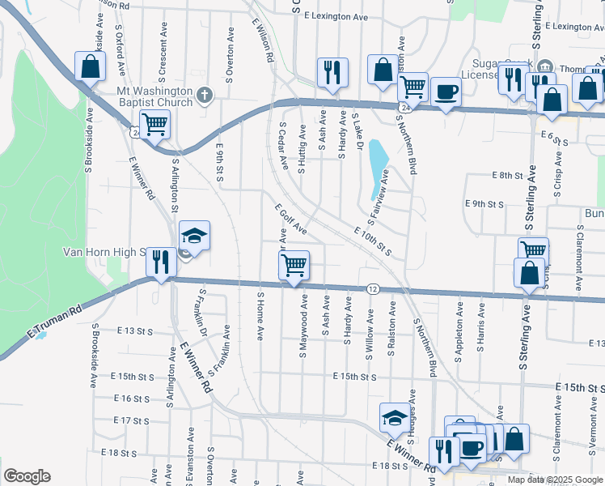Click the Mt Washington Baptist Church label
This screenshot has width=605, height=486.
155,97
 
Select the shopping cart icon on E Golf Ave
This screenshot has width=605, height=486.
294,264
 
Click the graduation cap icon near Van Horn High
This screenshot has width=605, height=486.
194,236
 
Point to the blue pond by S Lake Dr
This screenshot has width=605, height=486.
377,168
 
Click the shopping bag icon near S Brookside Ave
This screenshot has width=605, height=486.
90,66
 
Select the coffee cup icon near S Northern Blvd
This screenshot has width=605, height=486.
445,92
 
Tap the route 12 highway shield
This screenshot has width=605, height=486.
373,288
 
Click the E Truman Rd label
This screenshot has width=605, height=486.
55,322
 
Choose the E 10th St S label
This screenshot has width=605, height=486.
373,242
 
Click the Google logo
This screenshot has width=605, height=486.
26,476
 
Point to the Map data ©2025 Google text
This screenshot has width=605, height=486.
554,480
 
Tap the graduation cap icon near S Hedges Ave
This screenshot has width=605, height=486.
394,417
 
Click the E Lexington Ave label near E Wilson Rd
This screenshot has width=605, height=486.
332,16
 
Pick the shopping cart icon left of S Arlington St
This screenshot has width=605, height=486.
154,124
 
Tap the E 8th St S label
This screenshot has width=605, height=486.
509,175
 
